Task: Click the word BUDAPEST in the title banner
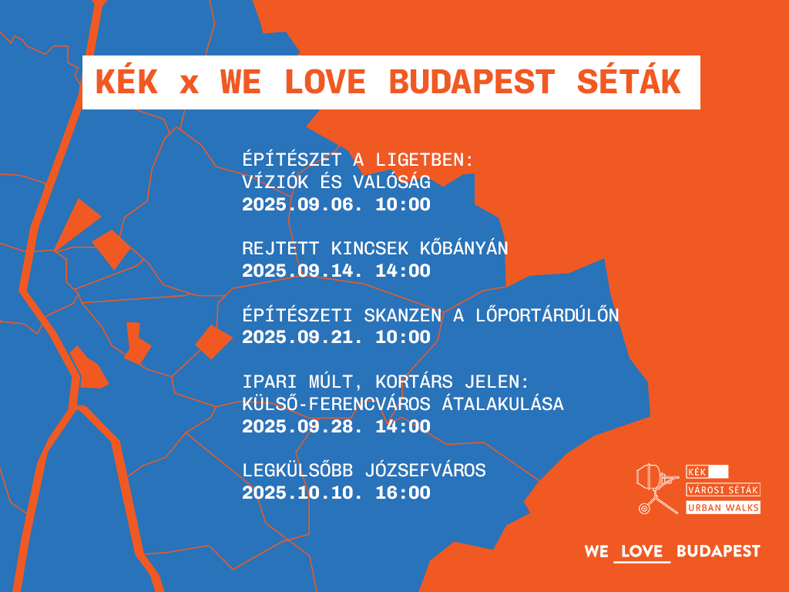tap(472, 82)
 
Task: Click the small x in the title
tap(189, 84)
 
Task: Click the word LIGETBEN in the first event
tap(425, 160)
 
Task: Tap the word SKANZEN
tap(402, 315)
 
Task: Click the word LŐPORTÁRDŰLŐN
tap(547, 314)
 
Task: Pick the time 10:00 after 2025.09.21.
tap(403, 338)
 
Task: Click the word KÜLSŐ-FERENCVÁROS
tap(336, 403)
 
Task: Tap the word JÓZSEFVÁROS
tap(425, 469)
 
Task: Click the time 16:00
tap(403, 493)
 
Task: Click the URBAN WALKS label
tap(723, 507)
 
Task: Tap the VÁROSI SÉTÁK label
tap(723, 489)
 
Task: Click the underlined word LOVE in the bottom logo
tap(642, 551)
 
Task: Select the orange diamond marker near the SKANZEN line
tap(214, 342)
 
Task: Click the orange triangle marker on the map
tap(76, 224)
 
